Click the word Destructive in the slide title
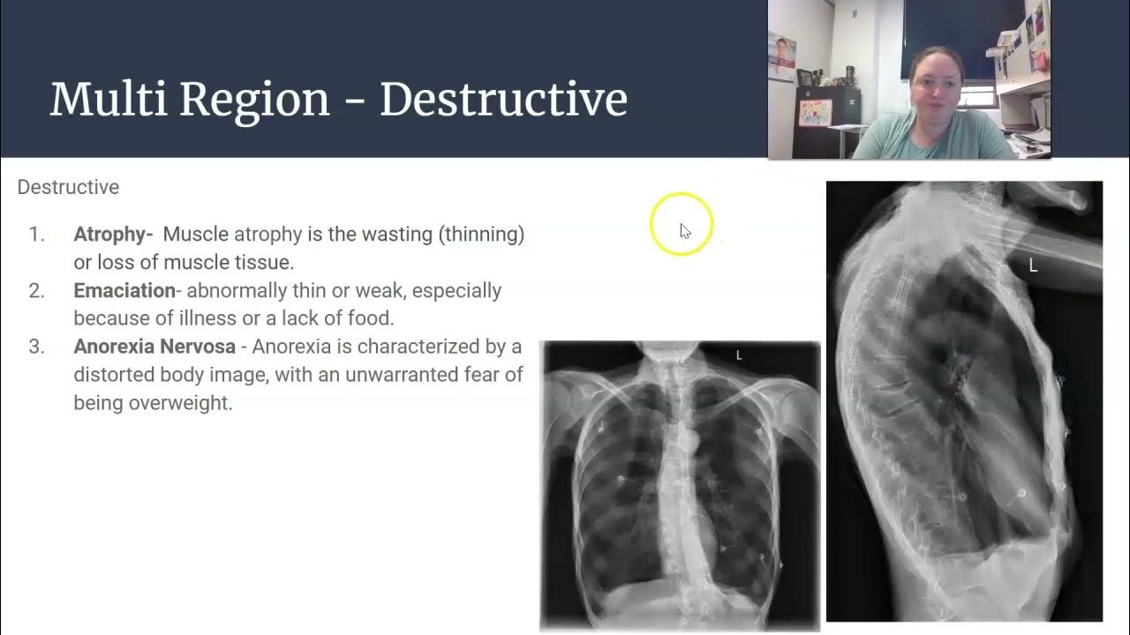point(503,100)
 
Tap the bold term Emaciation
point(124,291)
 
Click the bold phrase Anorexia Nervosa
point(154,347)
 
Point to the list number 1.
point(35,235)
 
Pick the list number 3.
point(35,347)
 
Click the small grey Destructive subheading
point(68,187)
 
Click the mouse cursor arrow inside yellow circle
point(684,230)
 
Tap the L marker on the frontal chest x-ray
point(739,355)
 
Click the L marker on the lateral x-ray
point(1033,265)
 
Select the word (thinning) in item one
point(483,235)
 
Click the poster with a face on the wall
point(782,57)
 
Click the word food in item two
point(374,318)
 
